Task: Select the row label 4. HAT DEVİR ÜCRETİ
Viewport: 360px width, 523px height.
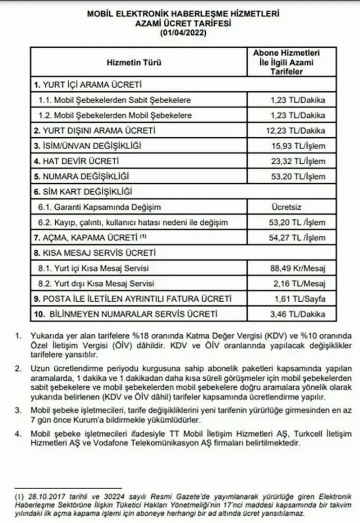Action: pos(77,161)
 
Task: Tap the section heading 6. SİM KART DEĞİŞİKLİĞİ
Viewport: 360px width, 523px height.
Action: pos(84,192)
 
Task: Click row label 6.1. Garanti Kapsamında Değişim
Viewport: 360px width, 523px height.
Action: pos(100,207)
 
